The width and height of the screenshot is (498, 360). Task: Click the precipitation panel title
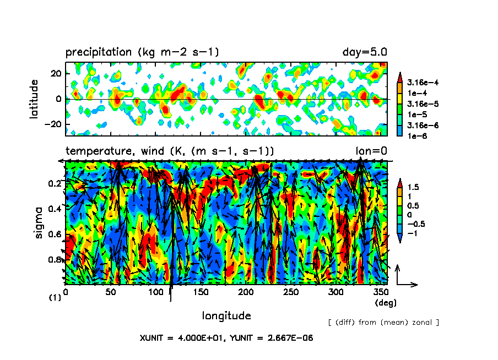[x=142, y=52]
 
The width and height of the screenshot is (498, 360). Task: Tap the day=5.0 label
[x=365, y=52]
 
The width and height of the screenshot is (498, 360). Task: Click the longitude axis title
[x=226, y=316]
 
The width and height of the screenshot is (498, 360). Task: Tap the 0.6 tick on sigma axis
[x=55, y=234]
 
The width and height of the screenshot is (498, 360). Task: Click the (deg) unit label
[x=385, y=303]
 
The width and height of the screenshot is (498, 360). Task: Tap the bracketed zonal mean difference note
[x=383, y=322]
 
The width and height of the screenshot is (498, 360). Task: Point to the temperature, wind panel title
[x=170, y=151]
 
